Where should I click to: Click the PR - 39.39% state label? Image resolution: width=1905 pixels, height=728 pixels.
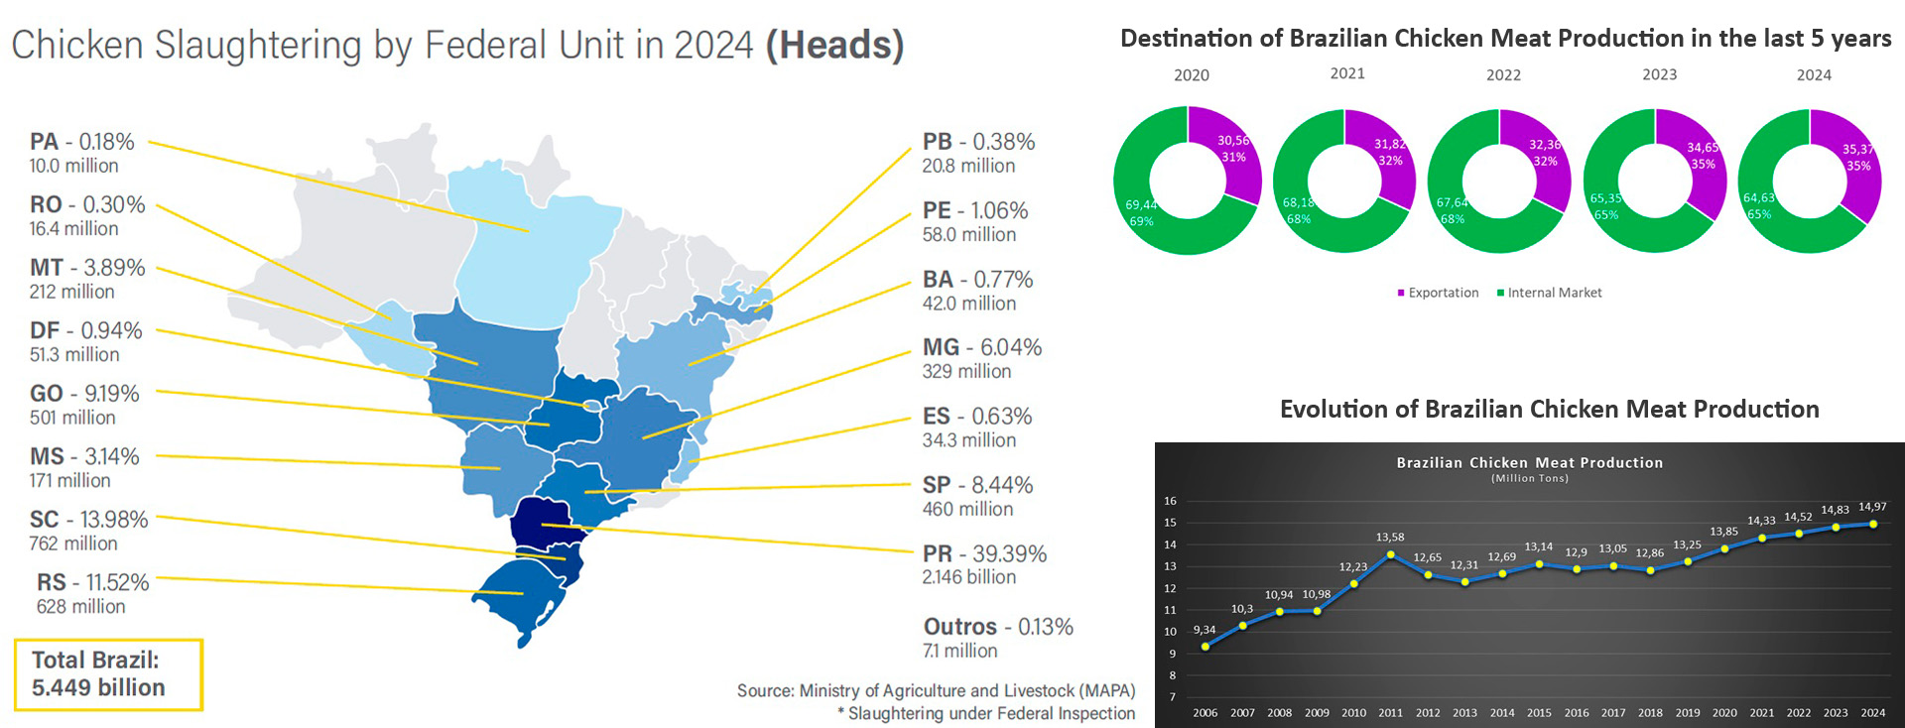[984, 554]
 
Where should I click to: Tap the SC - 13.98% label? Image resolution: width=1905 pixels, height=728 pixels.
[88, 520]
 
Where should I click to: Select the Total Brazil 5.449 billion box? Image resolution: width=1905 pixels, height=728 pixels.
[108, 674]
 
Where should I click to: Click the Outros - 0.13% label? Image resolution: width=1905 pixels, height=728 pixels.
[997, 627]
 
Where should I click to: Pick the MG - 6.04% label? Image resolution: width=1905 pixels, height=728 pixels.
[981, 348]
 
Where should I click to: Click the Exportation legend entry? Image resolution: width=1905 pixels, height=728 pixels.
[1438, 293]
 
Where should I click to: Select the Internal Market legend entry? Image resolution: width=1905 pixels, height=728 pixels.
[1549, 293]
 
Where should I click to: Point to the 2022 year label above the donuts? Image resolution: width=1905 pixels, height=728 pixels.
[1503, 75]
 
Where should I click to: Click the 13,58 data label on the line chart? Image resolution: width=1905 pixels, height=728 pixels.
[1390, 537]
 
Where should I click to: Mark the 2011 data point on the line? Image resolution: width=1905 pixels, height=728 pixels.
[1390, 555]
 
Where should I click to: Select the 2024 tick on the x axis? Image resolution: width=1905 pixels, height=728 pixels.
[1872, 712]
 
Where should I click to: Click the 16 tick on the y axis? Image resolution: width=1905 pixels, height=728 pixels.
[1171, 501]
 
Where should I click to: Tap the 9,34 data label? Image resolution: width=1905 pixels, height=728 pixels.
[1204, 630]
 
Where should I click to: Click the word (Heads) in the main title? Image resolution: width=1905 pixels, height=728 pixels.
[834, 46]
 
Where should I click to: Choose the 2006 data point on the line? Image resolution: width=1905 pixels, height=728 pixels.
[1206, 647]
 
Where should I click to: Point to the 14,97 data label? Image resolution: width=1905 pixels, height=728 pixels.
[1872, 507]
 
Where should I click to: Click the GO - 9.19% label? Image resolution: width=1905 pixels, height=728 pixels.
[84, 394]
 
